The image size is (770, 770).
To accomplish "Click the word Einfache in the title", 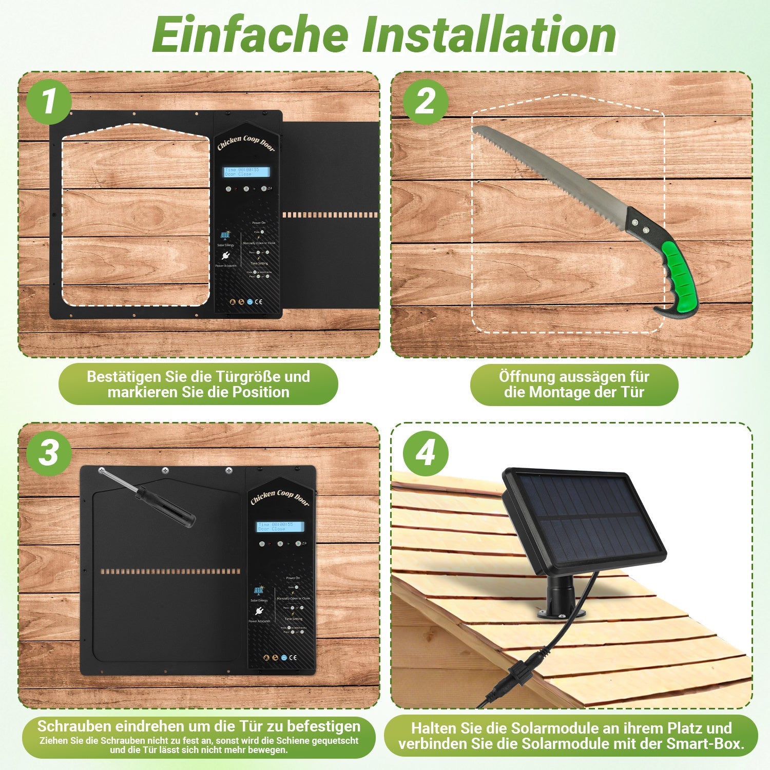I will (x=250, y=35).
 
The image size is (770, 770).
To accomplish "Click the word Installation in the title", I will (x=490, y=35).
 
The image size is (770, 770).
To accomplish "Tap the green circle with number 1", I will (x=48, y=102).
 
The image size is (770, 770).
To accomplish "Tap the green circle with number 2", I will (x=425, y=102).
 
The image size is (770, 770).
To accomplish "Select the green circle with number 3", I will (x=48, y=453).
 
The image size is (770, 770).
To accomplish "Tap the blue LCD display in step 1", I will (x=247, y=172).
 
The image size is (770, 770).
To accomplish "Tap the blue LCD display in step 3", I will (x=280, y=527).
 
